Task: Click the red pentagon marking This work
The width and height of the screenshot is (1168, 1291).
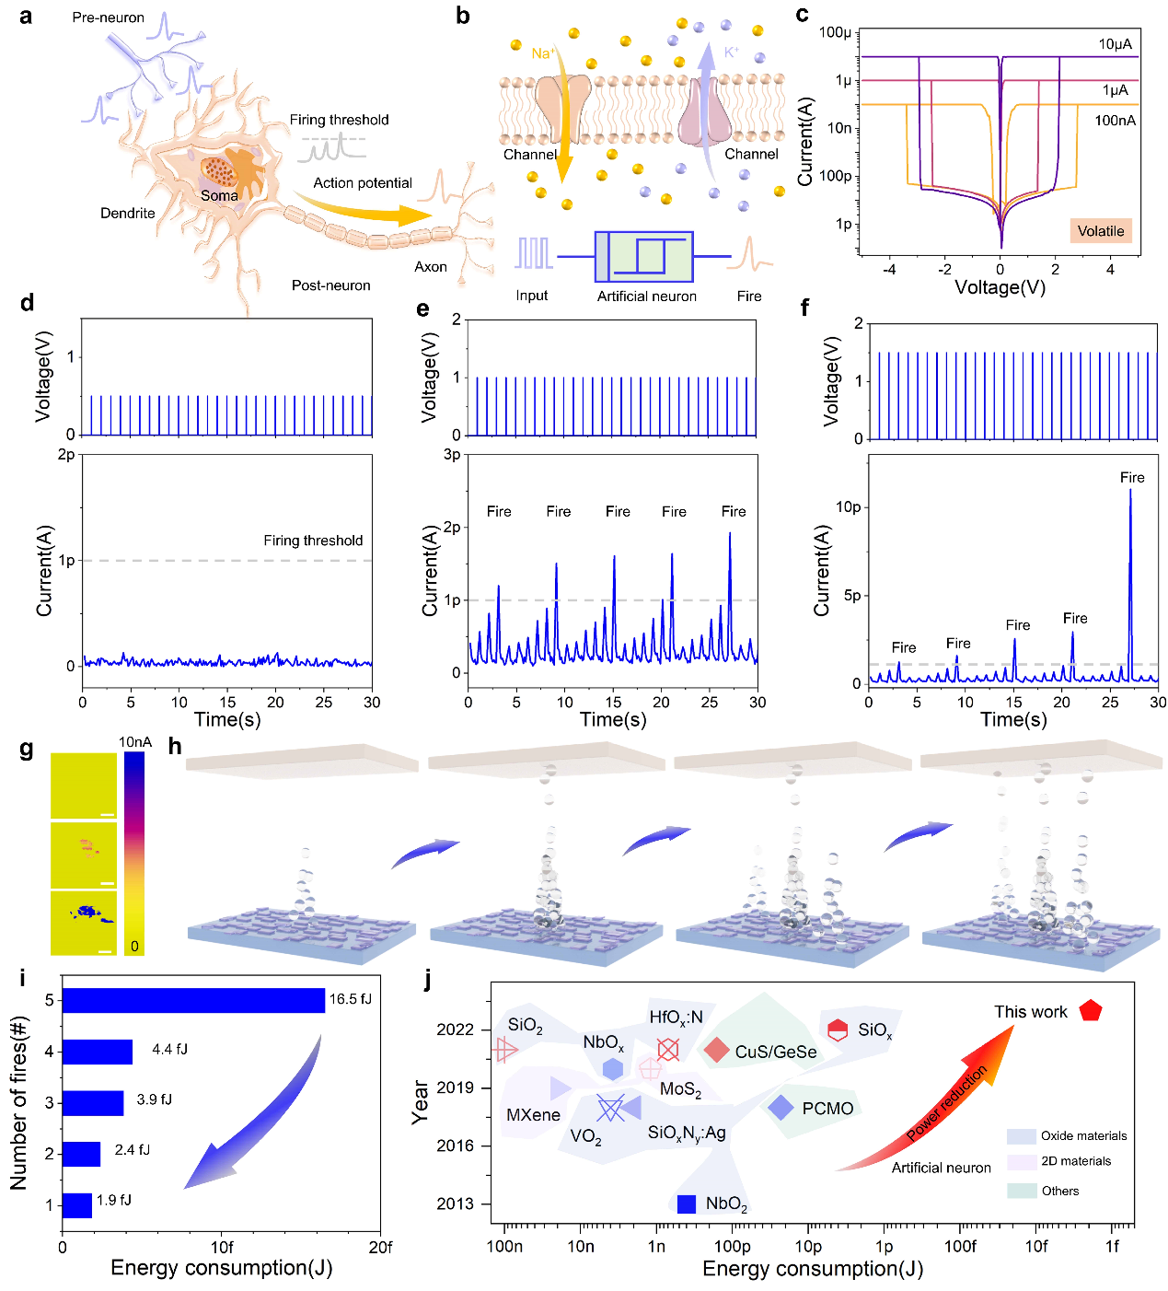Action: click(x=1091, y=1010)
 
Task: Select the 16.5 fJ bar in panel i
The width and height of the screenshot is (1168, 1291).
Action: click(x=193, y=1000)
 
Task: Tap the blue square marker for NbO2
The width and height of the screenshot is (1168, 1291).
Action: click(x=686, y=1204)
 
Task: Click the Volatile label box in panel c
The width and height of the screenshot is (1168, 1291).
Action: click(x=1101, y=231)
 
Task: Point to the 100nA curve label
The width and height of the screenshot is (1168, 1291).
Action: click(x=1115, y=121)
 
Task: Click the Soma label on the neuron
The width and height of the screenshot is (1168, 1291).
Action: click(x=219, y=195)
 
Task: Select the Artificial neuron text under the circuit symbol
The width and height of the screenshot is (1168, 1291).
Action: click(x=646, y=297)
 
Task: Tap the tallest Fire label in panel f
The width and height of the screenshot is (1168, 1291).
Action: click(x=1132, y=477)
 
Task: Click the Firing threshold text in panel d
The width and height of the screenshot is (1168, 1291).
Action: click(x=313, y=541)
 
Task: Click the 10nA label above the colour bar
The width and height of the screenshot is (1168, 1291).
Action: click(x=134, y=742)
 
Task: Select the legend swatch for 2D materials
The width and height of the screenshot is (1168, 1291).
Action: click(x=1022, y=1162)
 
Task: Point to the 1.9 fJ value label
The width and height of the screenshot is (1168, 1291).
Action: click(x=114, y=1200)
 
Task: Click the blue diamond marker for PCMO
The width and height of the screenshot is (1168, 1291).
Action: click(x=781, y=1108)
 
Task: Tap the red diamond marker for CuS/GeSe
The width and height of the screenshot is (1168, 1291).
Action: click(x=717, y=1049)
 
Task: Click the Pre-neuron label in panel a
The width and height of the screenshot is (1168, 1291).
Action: click(x=109, y=17)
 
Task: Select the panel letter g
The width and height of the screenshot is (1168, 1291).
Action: click(x=27, y=750)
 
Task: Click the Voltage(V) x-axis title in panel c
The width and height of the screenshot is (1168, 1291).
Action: click(x=1000, y=287)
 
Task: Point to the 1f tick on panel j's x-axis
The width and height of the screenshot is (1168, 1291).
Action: click(x=1112, y=1246)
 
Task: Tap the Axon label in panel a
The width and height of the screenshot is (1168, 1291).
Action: click(x=430, y=267)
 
